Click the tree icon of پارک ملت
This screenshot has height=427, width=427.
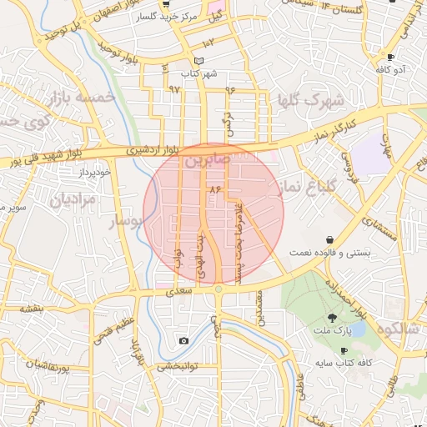[x=332, y=317]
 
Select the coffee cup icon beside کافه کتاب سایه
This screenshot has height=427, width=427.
[x=344, y=351]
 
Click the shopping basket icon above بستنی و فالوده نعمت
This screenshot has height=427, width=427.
[x=331, y=239]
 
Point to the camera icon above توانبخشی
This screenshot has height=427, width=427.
[x=183, y=340]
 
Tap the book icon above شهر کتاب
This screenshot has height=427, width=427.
[x=198, y=61]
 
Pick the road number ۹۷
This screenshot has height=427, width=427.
[x=174, y=88]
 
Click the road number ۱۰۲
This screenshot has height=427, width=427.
[x=208, y=42]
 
